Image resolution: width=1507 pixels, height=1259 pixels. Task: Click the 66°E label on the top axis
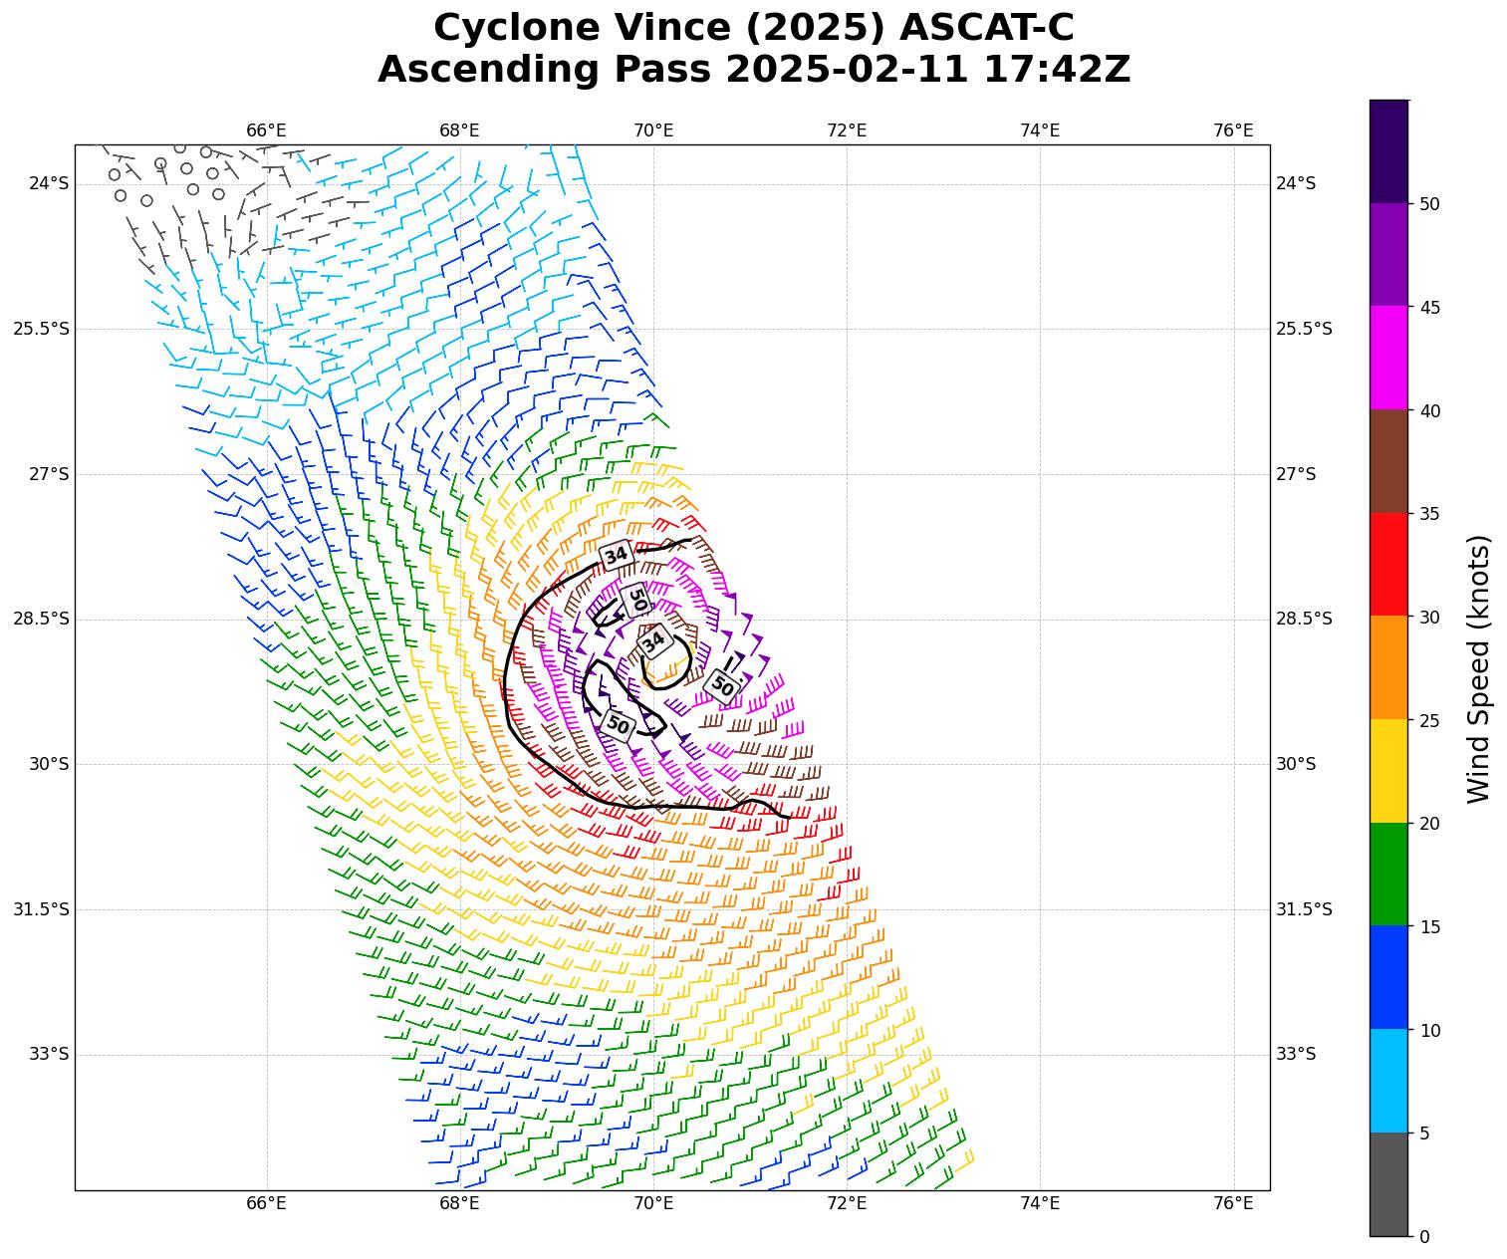[266, 130]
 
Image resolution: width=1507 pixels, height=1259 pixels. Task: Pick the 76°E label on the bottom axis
[1233, 1203]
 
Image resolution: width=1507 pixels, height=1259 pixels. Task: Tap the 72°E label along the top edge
[847, 130]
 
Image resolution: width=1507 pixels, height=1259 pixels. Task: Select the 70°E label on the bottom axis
[653, 1203]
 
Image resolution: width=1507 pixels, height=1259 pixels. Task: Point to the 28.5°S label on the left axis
[41, 619]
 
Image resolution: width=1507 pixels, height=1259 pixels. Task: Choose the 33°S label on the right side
[1296, 1054]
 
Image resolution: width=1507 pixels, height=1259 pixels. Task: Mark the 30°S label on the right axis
[1296, 764]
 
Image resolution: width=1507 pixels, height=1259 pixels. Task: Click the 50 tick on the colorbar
[1429, 204]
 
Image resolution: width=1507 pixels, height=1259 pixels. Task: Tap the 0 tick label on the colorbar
[1424, 1236]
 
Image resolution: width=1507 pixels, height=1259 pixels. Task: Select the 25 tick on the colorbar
[1429, 720]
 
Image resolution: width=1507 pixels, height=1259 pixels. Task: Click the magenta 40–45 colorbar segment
[1388, 358]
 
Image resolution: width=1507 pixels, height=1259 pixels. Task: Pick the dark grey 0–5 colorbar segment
[1388, 1184]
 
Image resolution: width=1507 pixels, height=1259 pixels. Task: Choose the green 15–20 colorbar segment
[1388, 874]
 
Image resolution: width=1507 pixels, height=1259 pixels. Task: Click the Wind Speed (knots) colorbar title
[1480, 668]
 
